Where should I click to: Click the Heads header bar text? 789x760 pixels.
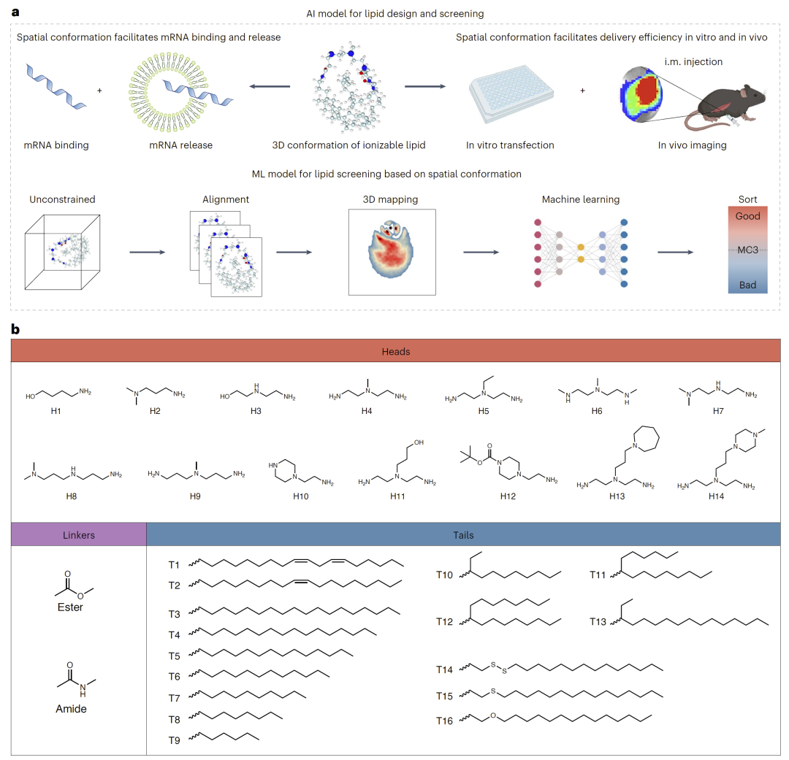395,351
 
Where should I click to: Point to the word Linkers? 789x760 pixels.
79,534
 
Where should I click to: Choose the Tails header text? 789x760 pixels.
463,534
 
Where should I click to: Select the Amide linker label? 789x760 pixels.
71,708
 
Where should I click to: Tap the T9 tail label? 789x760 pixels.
175,740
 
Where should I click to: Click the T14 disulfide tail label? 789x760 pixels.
445,669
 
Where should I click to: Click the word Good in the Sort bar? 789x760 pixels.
747,216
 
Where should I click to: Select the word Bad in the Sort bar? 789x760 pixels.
747,285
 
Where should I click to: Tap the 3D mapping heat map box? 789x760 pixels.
392,252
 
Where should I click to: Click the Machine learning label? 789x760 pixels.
581,199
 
